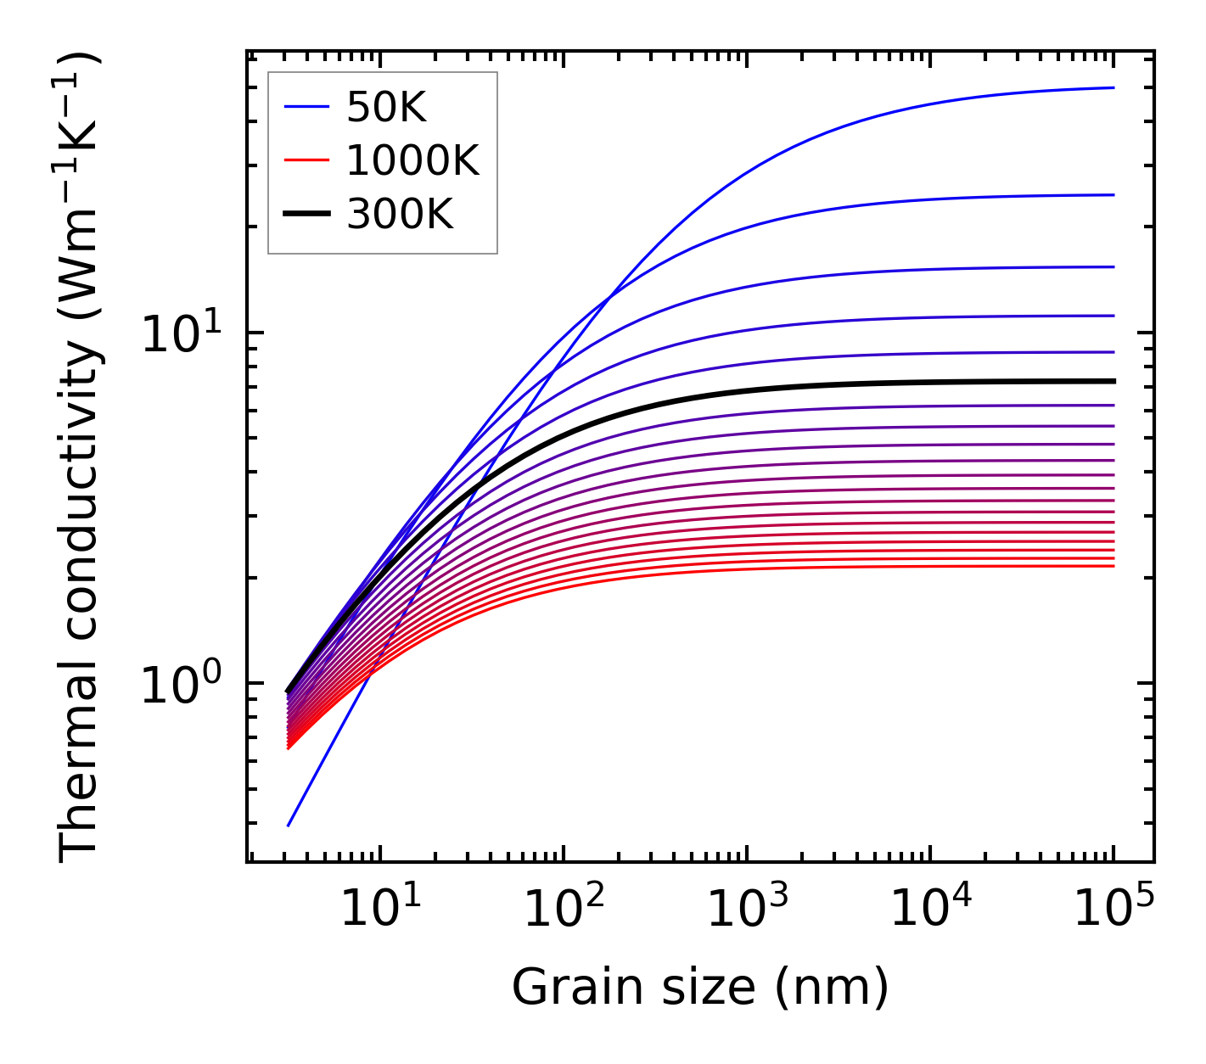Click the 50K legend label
[386, 107]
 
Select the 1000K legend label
[412, 160]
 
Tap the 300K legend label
[400, 215]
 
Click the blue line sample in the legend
[306, 107]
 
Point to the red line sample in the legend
[306, 160]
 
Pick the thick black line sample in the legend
[306, 215]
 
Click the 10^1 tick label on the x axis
[380, 911]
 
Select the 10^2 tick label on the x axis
[564, 911]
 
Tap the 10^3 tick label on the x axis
[747, 911]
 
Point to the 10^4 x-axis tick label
[930, 911]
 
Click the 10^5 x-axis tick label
[1113, 911]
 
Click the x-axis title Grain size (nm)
[700, 988]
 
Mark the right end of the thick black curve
[1113, 381]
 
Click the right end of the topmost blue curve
[1113, 87]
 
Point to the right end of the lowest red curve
[1113, 566]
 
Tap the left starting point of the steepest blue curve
[289, 825]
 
